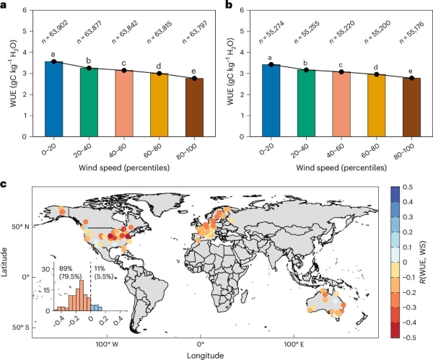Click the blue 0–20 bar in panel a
(54, 99)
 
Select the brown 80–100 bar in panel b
(411, 107)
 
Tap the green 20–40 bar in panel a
(89, 102)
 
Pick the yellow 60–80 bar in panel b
(377, 105)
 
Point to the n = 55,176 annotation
(413, 32)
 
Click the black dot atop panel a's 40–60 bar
(124, 71)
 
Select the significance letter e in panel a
(194, 71)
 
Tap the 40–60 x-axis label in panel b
(336, 151)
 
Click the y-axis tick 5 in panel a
(25, 31)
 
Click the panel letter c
(4, 183)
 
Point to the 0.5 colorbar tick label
(408, 187)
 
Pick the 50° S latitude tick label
(21, 328)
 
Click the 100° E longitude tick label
(294, 344)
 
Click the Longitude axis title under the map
(206, 355)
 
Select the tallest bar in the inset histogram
(82, 296)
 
